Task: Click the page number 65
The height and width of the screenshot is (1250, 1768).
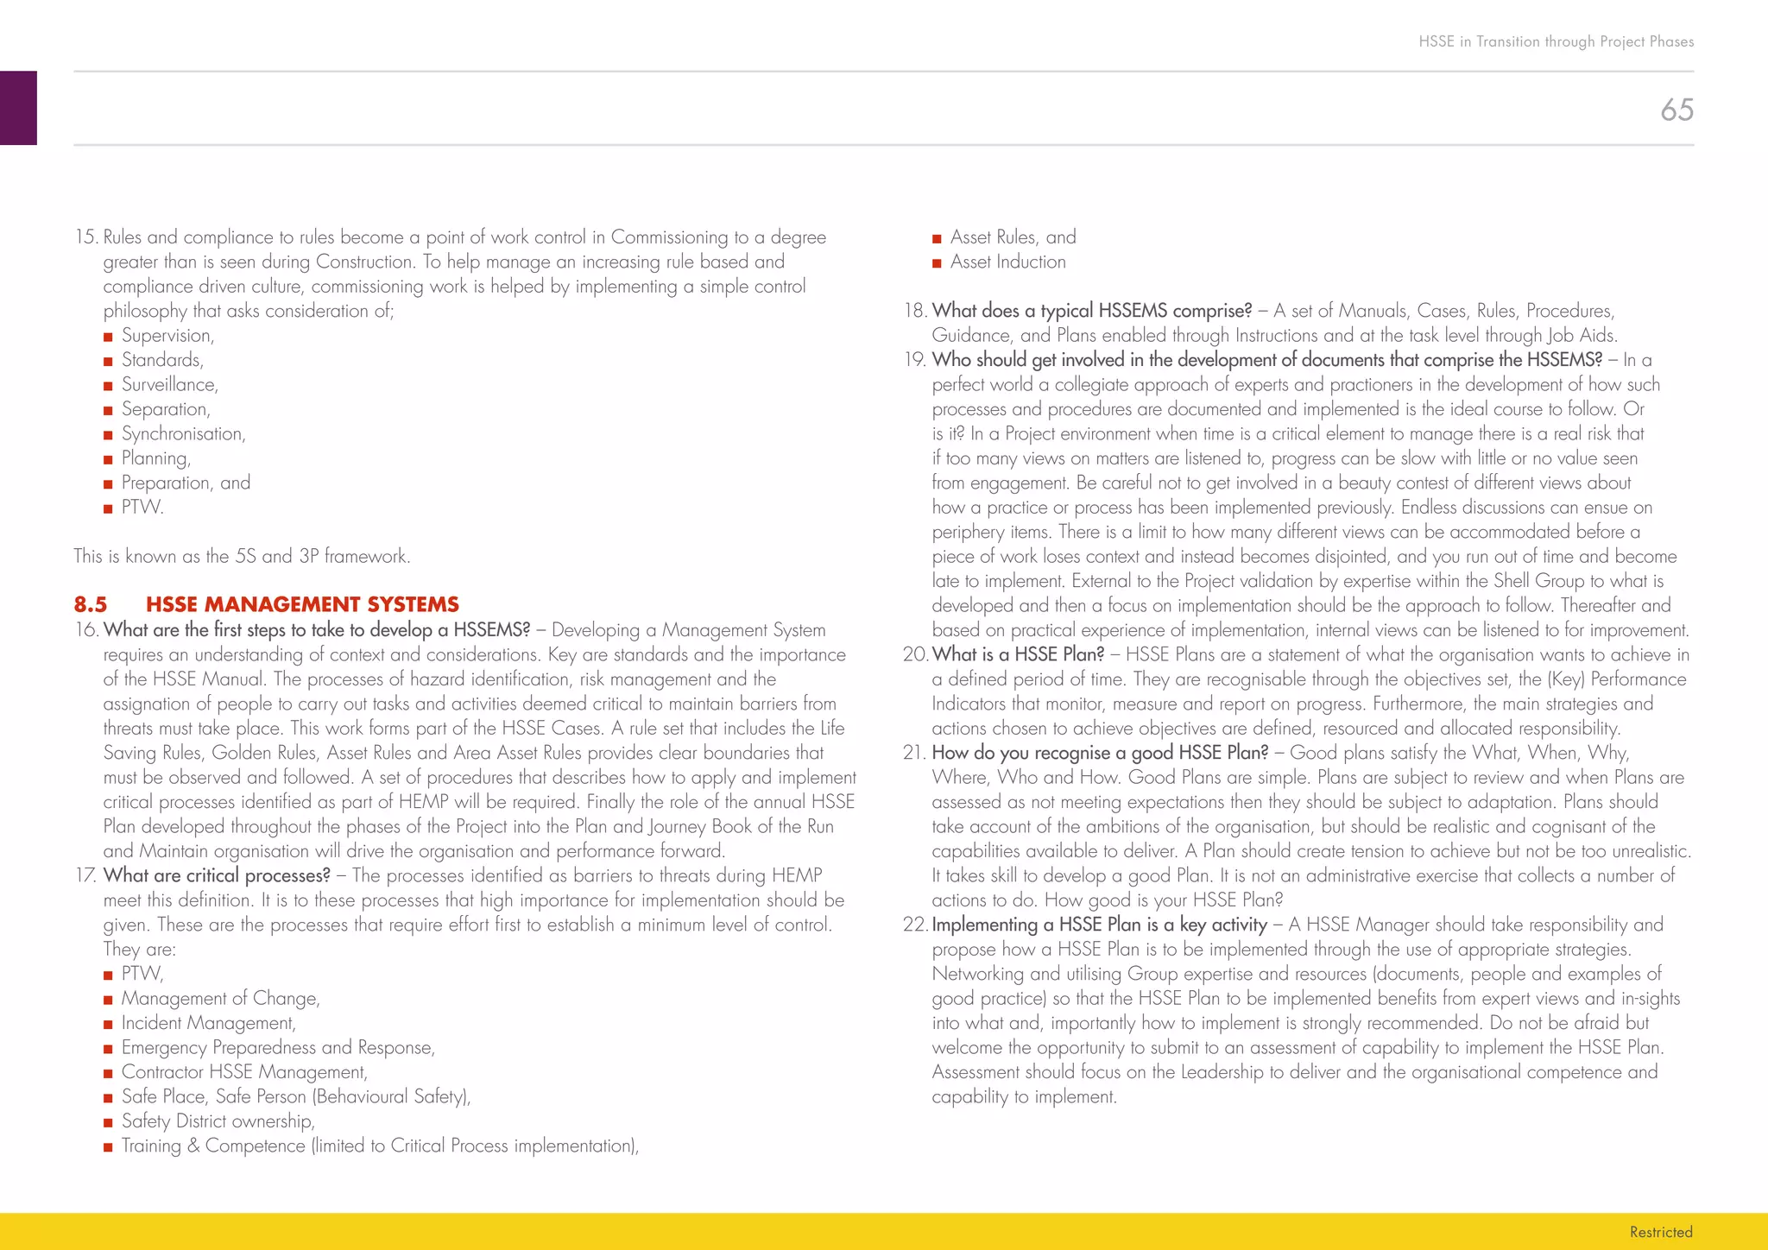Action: pos(1676,110)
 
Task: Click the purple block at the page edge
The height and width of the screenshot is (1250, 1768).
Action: pos(18,108)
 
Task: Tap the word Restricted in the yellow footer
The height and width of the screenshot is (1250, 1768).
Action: pos(1660,1232)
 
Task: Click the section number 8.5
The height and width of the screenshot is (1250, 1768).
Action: pos(91,604)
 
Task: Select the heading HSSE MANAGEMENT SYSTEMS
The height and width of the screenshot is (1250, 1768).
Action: pos(302,604)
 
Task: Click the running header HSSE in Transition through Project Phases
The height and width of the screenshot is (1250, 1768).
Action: pos(1556,41)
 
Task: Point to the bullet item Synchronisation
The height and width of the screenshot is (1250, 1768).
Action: pos(183,434)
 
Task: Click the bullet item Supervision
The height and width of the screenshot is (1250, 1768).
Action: pos(167,336)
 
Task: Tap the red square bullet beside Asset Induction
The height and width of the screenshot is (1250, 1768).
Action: pos(937,263)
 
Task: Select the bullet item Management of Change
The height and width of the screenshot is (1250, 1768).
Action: pos(220,999)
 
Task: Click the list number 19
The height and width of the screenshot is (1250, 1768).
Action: pos(915,360)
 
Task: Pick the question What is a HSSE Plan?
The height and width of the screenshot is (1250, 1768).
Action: pos(1018,655)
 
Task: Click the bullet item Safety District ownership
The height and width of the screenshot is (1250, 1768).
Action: pos(218,1121)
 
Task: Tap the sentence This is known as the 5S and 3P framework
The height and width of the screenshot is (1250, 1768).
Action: pos(242,557)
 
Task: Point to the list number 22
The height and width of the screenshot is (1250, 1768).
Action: pos(914,925)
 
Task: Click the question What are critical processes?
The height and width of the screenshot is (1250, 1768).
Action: pos(217,876)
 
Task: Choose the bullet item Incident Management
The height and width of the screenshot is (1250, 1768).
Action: pos(208,1023)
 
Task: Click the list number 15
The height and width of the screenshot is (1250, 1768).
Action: pos(86,237)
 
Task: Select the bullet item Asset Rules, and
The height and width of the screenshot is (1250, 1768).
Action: pos(1013,237)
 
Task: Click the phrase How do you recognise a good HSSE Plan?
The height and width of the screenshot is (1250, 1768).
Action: pos(1100,754)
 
